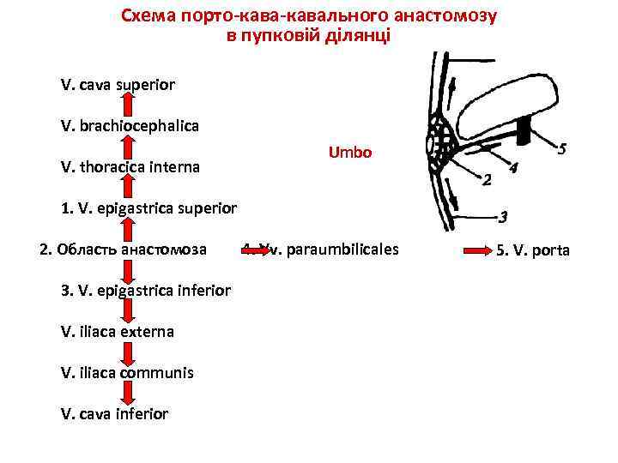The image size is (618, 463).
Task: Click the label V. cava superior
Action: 118,85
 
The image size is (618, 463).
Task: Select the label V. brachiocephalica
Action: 130,126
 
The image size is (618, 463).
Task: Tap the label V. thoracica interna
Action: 130,167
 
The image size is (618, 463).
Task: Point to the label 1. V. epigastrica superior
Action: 148,208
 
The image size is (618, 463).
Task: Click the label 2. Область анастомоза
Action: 124,250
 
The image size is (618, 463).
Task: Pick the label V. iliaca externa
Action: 118,331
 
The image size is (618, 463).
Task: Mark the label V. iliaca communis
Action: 127,372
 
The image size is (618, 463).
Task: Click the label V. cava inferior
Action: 114,413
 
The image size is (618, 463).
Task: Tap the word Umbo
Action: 350,153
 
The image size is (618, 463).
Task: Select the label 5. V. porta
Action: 533,251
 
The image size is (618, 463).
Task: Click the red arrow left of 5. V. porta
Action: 477,250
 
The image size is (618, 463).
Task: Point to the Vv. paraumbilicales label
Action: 330,250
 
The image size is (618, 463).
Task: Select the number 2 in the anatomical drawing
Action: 487,181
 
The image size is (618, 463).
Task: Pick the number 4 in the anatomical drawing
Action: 512,168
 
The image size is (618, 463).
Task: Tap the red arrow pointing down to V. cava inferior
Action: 127,393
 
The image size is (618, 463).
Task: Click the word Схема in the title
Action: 146,16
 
